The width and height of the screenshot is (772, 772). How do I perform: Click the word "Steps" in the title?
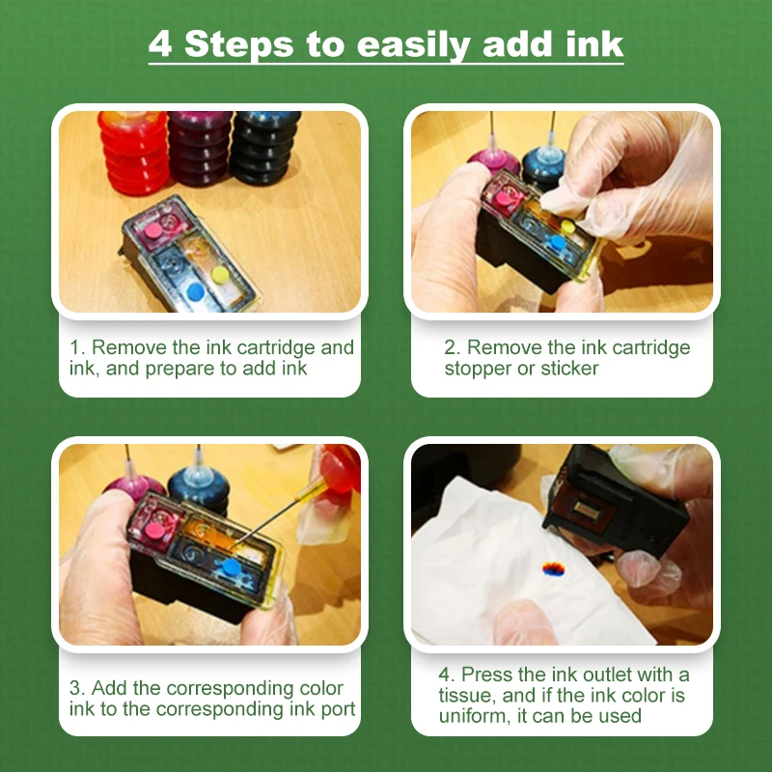coord(238,44)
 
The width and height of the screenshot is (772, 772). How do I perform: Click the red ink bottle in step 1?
coord(133,152)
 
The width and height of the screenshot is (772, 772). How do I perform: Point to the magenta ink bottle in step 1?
coord(199,148)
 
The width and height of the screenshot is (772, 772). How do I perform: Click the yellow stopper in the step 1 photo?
coord(220,275)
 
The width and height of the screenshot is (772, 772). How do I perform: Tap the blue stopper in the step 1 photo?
coord(196,291)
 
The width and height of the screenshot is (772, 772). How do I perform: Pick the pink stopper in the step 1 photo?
coord(153,230)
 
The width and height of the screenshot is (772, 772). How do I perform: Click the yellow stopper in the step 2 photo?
coord(567,227)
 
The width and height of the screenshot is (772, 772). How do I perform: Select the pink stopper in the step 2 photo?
coord(503,199)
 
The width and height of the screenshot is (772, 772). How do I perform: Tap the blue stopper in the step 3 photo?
coord(231,567)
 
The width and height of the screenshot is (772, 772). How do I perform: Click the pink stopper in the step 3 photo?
coord(154,530)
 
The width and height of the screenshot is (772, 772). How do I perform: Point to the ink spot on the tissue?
coord(553,568)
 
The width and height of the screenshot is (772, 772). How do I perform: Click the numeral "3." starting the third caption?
coord(77,688)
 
